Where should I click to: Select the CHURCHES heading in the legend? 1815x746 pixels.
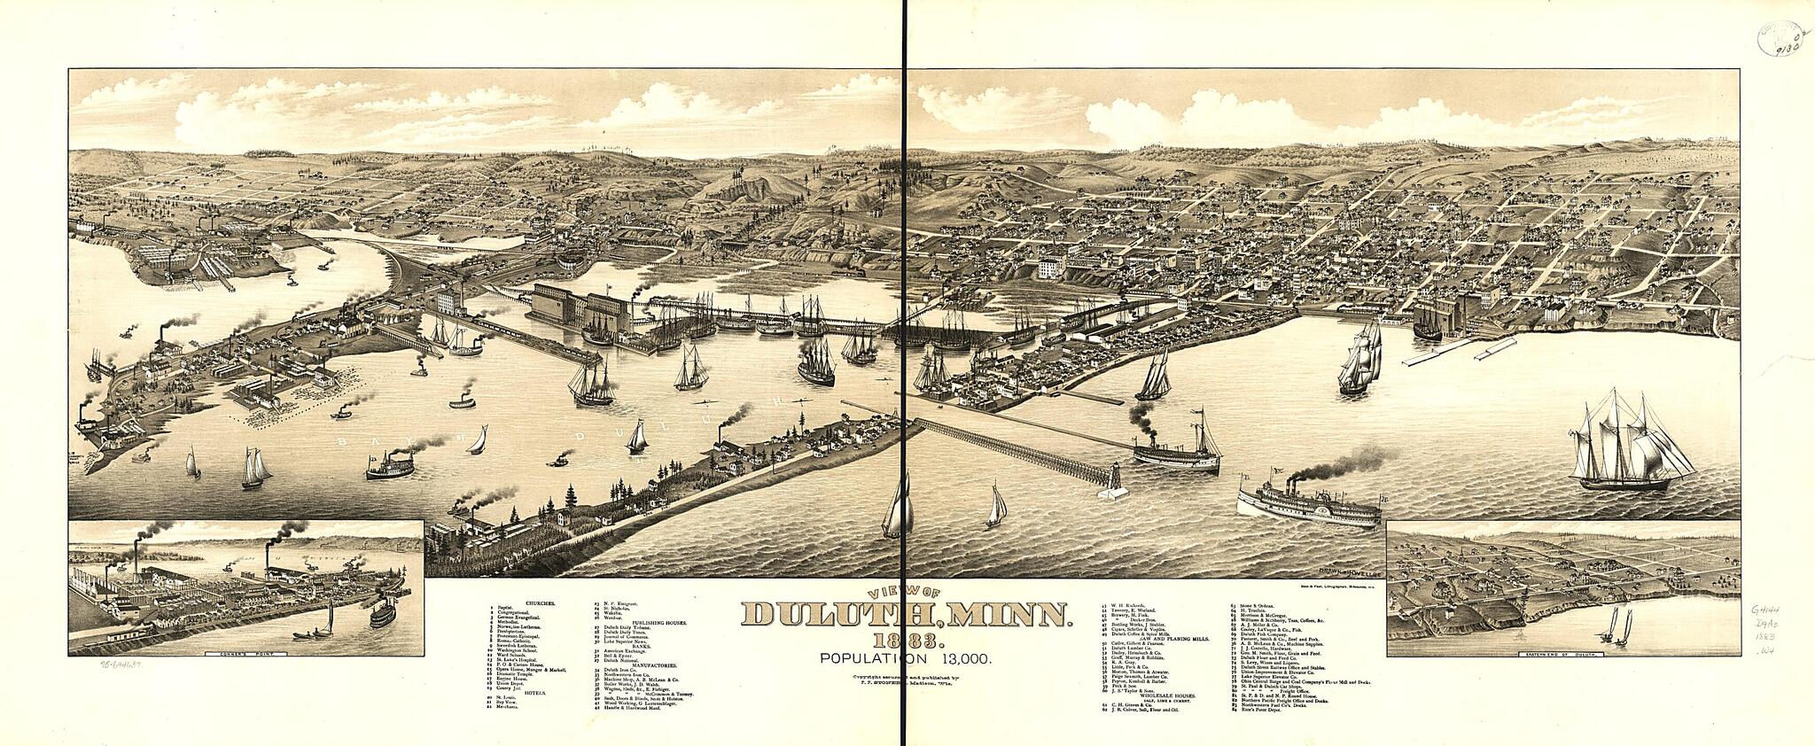539,602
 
